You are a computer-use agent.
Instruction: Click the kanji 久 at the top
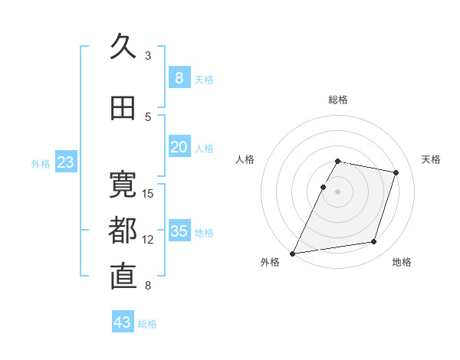pos(123,46)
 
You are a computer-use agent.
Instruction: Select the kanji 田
pos(123,108)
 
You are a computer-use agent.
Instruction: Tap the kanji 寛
pos(123,185)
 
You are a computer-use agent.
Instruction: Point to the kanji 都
pos(123,231)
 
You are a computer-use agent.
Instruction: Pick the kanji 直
pos(123,277)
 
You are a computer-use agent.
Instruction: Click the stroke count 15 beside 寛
pos(147,194)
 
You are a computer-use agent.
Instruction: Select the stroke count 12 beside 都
pos(147,240)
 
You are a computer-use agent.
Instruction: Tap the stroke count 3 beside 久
pos(148,56)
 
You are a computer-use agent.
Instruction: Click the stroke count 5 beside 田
pos(148,117)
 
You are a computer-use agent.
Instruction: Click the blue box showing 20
pos(179,146)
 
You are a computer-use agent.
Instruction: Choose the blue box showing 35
pos(179,230)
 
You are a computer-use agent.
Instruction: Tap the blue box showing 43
pos(123,321)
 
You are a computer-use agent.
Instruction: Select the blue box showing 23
pos(66,162)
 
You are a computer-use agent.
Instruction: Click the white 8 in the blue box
pos(179,78)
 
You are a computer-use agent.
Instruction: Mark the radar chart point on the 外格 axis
pos(292,254)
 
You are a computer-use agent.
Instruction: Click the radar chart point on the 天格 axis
pos(396,172)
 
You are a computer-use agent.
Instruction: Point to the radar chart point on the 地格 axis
pos(374,241)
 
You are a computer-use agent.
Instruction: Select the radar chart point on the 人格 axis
pos(323,187)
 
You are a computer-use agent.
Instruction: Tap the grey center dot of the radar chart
pos(337,191)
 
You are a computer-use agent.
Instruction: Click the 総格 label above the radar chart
pos(338,100)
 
